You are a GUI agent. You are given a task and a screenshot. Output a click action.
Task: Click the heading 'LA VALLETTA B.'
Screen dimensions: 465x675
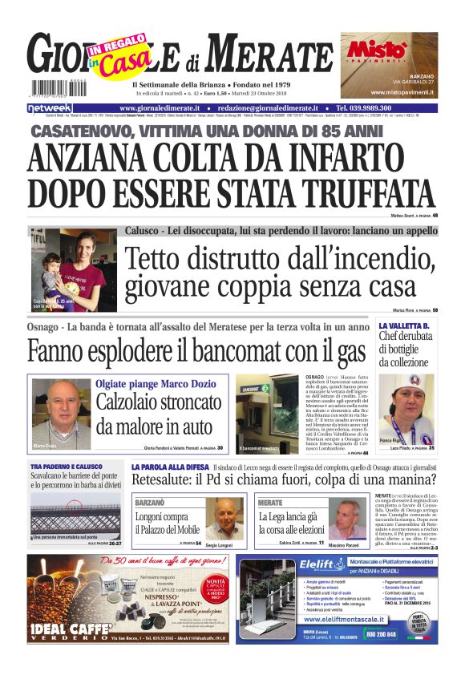tap(404, 326)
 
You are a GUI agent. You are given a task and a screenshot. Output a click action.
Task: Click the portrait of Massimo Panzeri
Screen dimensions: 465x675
tap(346, 519)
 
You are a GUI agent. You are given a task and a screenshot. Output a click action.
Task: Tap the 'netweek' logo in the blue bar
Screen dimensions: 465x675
tap(50, 108)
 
